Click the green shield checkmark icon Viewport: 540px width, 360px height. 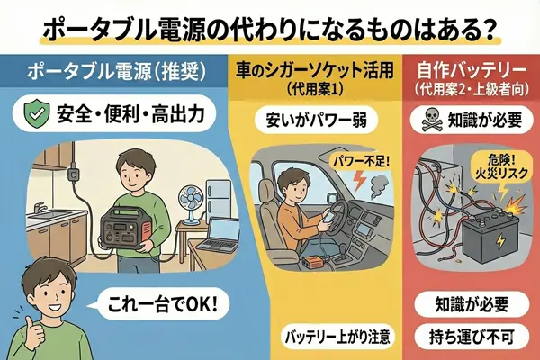[x=35, y=113]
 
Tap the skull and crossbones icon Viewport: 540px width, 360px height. [x=432, y=121]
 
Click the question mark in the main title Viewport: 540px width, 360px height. [x=486, y=30]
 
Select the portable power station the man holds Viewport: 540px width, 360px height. [x=125, y=227]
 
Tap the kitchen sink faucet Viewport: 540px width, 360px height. [x=40, y=207]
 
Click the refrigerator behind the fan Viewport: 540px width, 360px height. [x=218, y=199]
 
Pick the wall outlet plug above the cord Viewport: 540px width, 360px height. [x=72, y=174]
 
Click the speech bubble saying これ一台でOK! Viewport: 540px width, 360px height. [x=160, y=303]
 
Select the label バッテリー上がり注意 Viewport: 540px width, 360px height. [x=337, y=337]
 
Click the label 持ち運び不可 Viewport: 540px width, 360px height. [x=472, y=337]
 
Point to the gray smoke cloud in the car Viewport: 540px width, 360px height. [x=379, y=184]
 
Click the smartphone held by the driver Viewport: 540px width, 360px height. [x=328, y=219]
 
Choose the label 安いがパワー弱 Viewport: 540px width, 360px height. [x=317, y=121]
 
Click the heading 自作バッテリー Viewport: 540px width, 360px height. [x=472, y=71]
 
